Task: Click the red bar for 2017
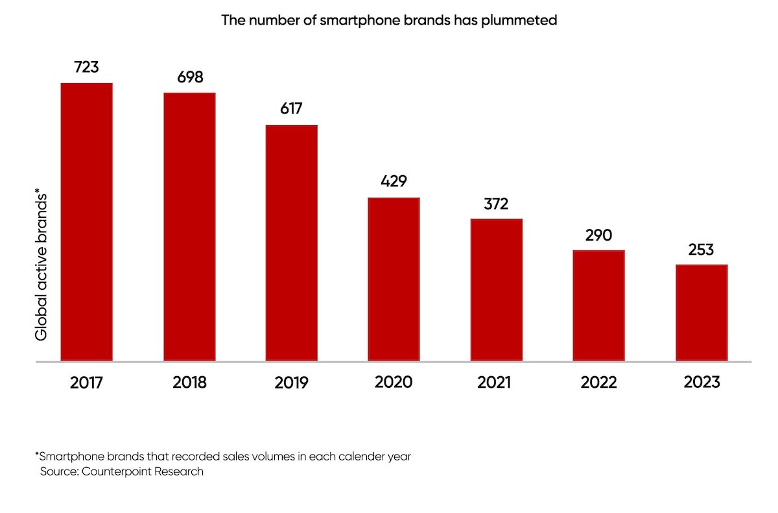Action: coord(86,222)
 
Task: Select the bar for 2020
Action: coord(394,279)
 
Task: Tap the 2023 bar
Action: coord(701,313)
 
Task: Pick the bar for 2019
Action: coord(292,243)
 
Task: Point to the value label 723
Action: coord(86,67)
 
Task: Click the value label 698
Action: coord(190,77)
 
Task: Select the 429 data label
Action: coord(394,181)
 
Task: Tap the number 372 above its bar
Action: coord(496,204)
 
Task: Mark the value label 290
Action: coord(598,235)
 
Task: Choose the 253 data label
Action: coord(701,250)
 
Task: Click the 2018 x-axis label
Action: coord(190,383)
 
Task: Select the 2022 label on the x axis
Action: coord(598,383)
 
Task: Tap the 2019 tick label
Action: coord(292,383)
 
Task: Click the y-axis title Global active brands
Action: coord(41,265)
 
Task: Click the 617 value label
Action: coord(292,109)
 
